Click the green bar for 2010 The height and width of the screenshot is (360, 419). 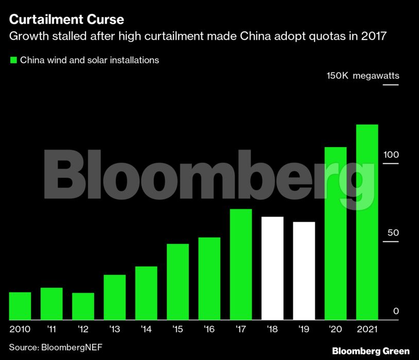(20, 306)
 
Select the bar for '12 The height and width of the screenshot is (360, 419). (83, 307)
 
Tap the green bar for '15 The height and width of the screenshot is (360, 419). (178, 282)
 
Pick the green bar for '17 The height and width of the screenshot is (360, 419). (241, 264)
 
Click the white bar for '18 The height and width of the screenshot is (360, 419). (272, 268)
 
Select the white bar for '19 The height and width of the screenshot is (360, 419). (304, 271)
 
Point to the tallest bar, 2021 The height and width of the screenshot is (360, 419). (367, 222)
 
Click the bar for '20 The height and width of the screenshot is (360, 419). (335, 233)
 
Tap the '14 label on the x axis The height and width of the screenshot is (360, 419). (146, 329)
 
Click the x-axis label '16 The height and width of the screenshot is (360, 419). (209, 329)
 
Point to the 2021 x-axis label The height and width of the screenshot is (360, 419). (367, 329)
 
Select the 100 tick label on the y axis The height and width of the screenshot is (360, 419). (392, 155)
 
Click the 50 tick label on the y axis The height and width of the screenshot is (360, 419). (393, 233)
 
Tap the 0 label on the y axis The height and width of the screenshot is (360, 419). (396, 311)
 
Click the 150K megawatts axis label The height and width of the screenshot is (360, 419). (362, 76)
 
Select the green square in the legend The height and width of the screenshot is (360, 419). (13, 60)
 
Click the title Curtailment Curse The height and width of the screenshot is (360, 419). (66, 20)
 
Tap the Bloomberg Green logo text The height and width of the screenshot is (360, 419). (371, 351)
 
